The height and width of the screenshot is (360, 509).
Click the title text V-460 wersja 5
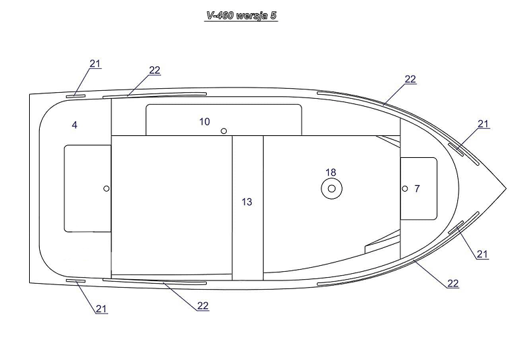tap(241, 15)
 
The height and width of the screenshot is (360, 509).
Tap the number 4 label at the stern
tap(75, 125)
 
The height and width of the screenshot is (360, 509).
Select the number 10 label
tap(205, 122)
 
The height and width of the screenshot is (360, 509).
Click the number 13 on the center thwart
tap(247, 202)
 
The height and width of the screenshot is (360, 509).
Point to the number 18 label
tap(331, 172)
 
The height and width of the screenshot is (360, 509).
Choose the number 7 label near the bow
tap(417, 188)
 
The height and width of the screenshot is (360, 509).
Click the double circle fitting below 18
tap(332, 188)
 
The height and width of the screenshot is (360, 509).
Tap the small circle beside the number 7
tap(405, 188)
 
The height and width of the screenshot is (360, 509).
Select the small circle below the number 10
tap(223, 131)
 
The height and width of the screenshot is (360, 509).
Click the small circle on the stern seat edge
tap(106, 188)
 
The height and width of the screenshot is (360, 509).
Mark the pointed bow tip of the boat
tap(506, 188)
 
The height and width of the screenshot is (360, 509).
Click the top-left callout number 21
tap(95, 64)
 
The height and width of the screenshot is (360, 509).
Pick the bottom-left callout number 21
tap(101, 308)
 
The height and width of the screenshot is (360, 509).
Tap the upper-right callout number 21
tap(483, 124)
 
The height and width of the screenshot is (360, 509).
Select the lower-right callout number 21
tap(482, 254)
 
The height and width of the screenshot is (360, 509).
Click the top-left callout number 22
tap(155, 70)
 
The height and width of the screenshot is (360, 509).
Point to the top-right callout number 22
tap(410, 79)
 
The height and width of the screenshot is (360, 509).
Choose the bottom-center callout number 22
tap(203, 306)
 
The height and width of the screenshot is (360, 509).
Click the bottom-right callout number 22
tap(453, 283)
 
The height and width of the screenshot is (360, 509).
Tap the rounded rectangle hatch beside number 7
tap(419, 188)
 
